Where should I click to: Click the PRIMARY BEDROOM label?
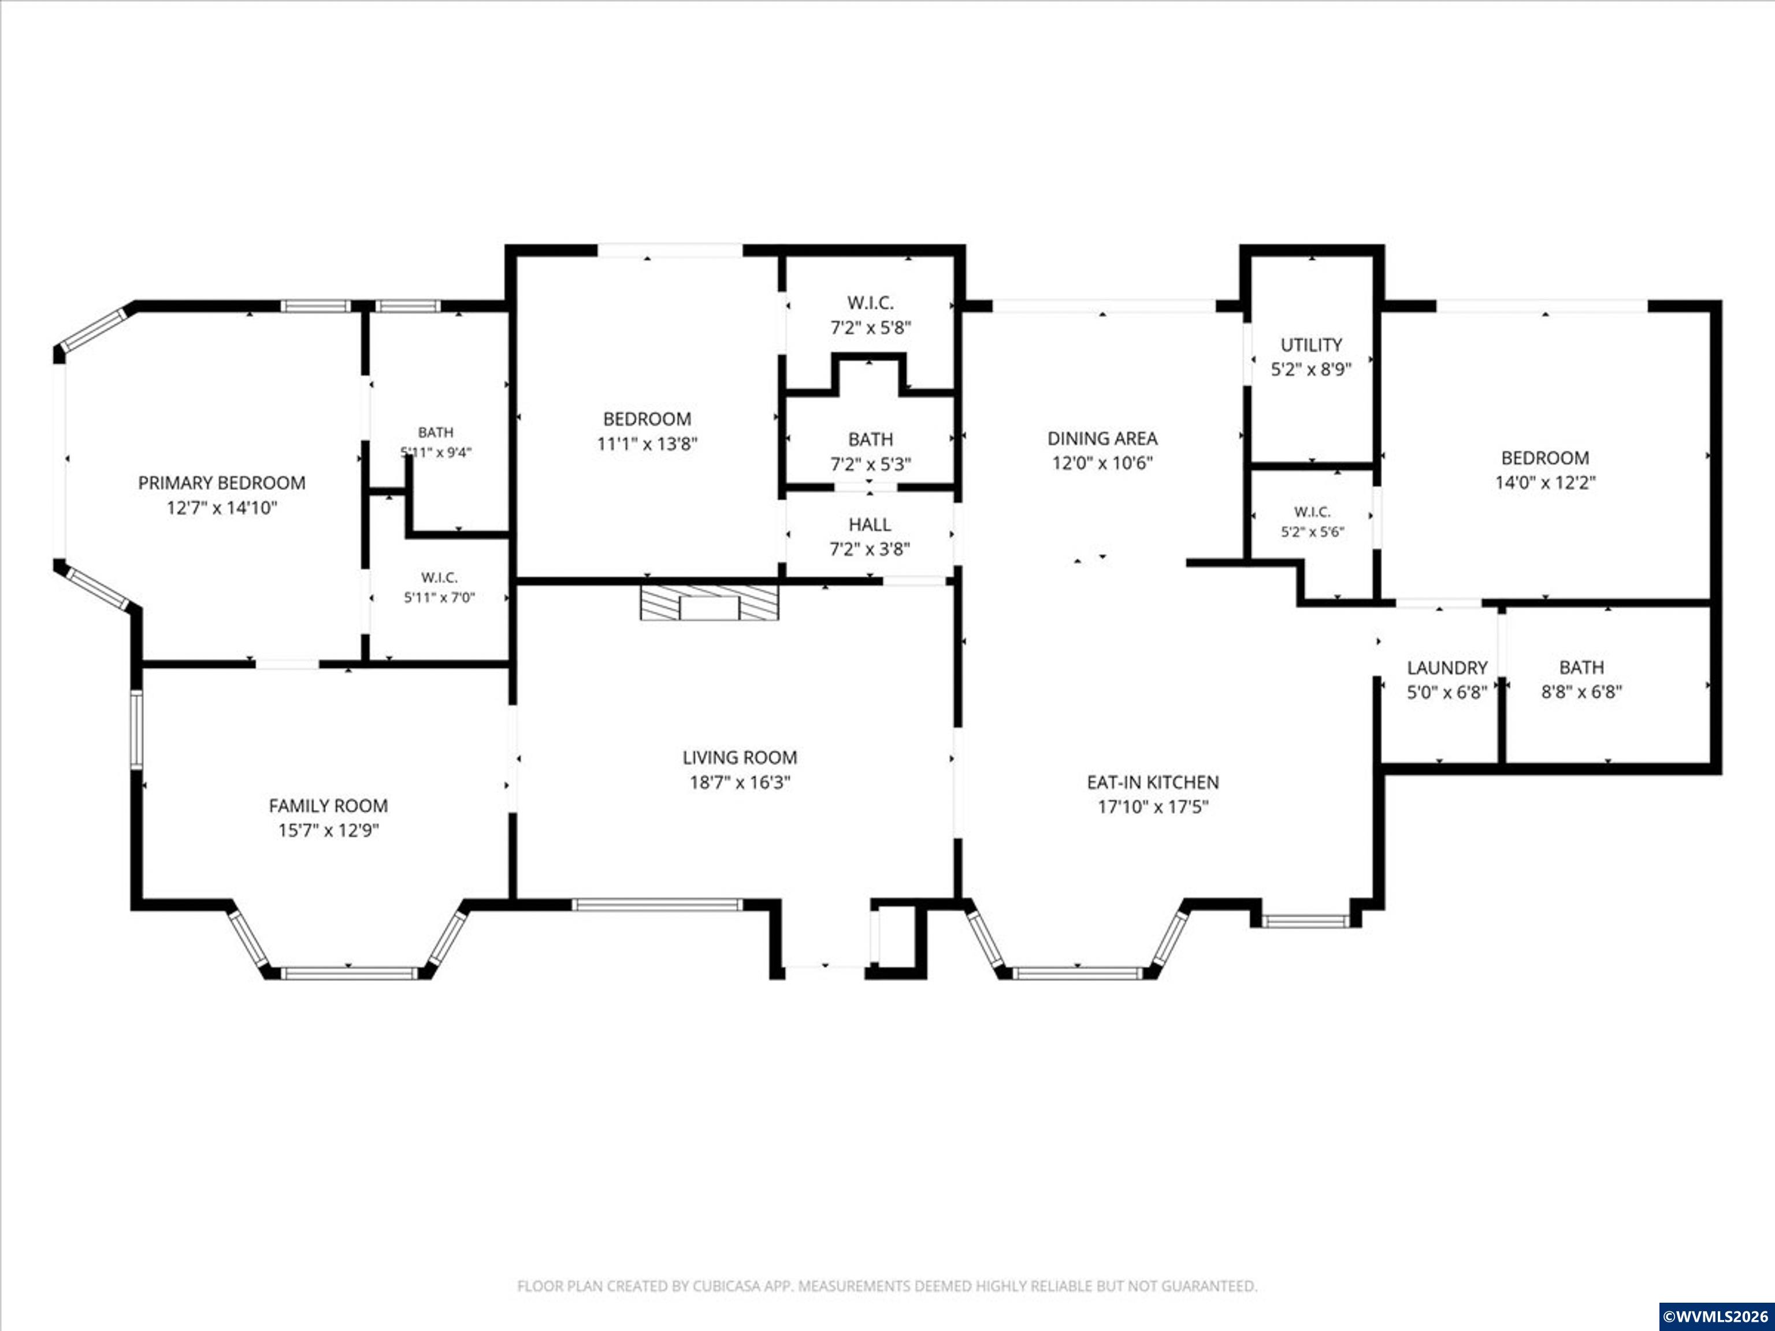(221, 483)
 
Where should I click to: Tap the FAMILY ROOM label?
(328, 805)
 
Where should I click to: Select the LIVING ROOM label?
(740, 757)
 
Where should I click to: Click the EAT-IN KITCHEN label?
(1153, 782)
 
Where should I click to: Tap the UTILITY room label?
(1311, 345)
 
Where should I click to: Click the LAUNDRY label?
(1447, 667)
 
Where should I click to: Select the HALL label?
(870, 525)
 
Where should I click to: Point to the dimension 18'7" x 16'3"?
(740, 782)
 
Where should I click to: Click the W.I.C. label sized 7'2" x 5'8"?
(871, 303)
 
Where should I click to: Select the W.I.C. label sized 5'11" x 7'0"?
(439, 578)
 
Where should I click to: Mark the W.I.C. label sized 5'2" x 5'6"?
(1312, 512)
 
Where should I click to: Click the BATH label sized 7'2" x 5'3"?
(871, 440)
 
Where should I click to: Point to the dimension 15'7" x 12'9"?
(328, 830)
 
